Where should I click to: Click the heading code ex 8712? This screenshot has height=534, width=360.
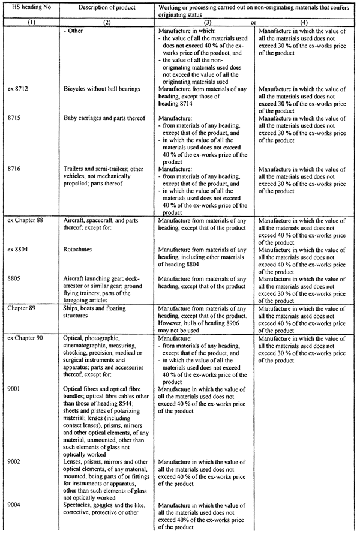(x=19, y=89)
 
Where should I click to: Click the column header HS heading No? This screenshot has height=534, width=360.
(x=29, y=7)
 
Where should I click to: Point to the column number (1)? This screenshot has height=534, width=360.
(x=29, y=21)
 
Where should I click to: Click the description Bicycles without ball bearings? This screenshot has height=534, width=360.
(x=102, y=89)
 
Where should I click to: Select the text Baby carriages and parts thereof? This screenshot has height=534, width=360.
(x=105, y=119)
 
